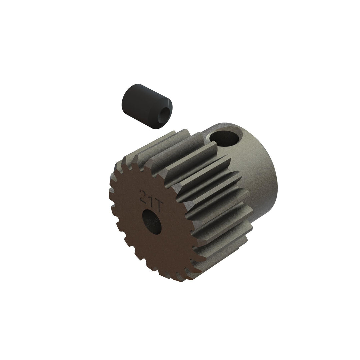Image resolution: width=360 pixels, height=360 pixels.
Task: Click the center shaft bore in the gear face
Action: pos(152,220)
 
